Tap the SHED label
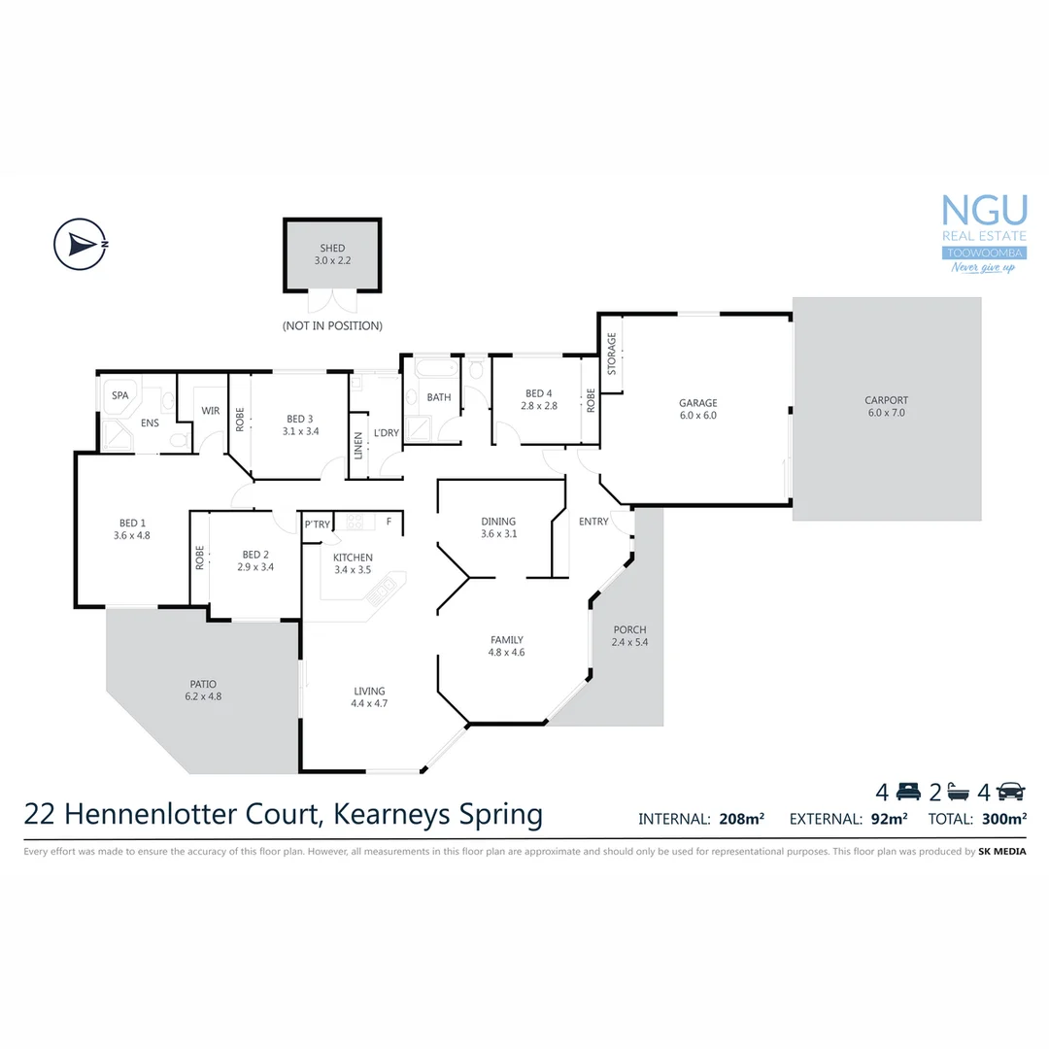click(x=331, y=249)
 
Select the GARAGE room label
click(x=697, y=403)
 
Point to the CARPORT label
click(x=886, y=400)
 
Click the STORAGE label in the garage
click(x=612, y=354)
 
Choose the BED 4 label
click(x=537, y=393)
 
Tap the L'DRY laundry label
click(x=387, y=432)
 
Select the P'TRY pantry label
click(x=318, y=524)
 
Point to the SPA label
click(x=120, y=395)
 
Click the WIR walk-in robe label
click(x=211, y=411)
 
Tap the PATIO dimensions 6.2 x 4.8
click(x=203, y=696)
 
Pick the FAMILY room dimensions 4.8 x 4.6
click(x=506, y=653)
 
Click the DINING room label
click(x=498, y=522)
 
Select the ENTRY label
click(x=593, y=522)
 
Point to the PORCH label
click(x=629, y=629)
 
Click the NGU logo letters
click(x=985, y=211)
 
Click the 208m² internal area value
click(x=741, y=819)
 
